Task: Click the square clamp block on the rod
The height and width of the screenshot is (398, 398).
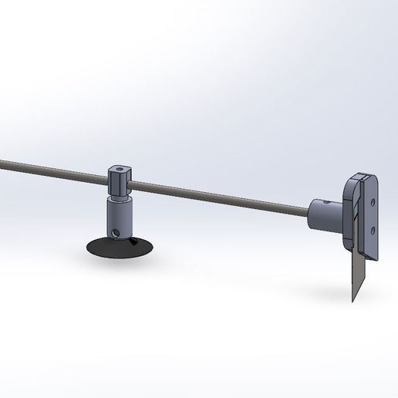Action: pos(120,180)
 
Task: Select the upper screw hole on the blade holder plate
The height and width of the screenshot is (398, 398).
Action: pos(374,202)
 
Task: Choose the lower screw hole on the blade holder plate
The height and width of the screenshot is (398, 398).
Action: pos(374,228)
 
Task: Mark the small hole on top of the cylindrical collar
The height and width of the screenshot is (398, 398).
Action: pos(325,202)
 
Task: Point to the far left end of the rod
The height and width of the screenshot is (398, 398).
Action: pos(2,162)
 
